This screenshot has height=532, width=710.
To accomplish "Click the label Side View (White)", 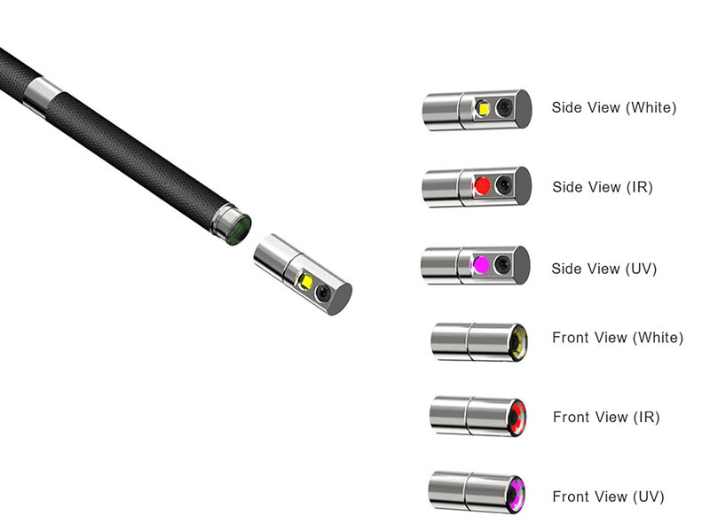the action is pos(613,107).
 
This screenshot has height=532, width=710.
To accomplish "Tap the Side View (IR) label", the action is pos(603,187).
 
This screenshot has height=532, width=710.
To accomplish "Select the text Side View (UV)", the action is pos(603,269).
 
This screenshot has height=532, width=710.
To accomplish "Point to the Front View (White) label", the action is pos(618,338).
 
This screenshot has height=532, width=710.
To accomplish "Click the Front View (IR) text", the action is pos(606,417).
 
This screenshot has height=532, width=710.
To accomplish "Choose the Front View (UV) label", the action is pos(608,497).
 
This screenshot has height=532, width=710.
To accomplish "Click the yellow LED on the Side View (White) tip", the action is pos(483,108).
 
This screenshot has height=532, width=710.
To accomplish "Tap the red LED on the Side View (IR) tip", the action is pos(482,185).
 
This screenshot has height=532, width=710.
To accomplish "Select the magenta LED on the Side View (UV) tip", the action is pos(480,265).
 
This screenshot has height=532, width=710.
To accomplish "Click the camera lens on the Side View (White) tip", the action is pos(504,107).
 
